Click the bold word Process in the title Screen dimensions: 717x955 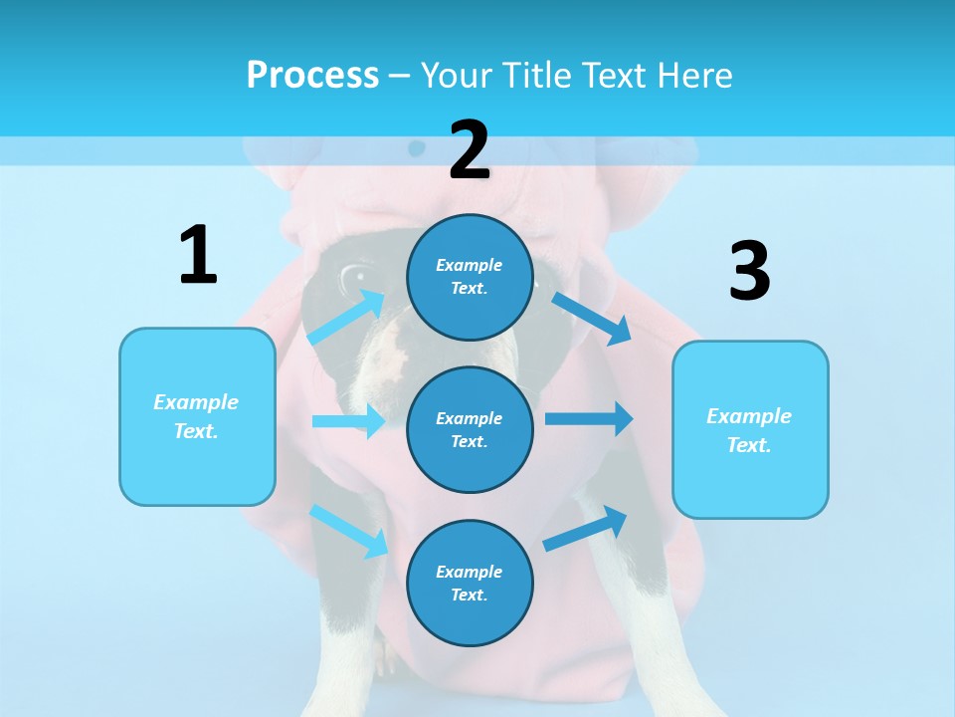coord(312,76)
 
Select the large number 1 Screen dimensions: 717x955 coord(198,255)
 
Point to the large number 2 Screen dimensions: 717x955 coord(470,150)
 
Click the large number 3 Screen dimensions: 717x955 coord(749,271)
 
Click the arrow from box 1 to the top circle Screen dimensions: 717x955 coord(345,318)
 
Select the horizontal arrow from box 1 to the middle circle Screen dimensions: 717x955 coord(348,421)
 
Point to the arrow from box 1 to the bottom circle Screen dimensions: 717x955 coord(348,530)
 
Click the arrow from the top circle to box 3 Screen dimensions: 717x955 coord(591,318)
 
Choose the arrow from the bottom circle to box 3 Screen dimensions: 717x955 coord(585,528)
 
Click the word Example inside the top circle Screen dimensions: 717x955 coord(469,266)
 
